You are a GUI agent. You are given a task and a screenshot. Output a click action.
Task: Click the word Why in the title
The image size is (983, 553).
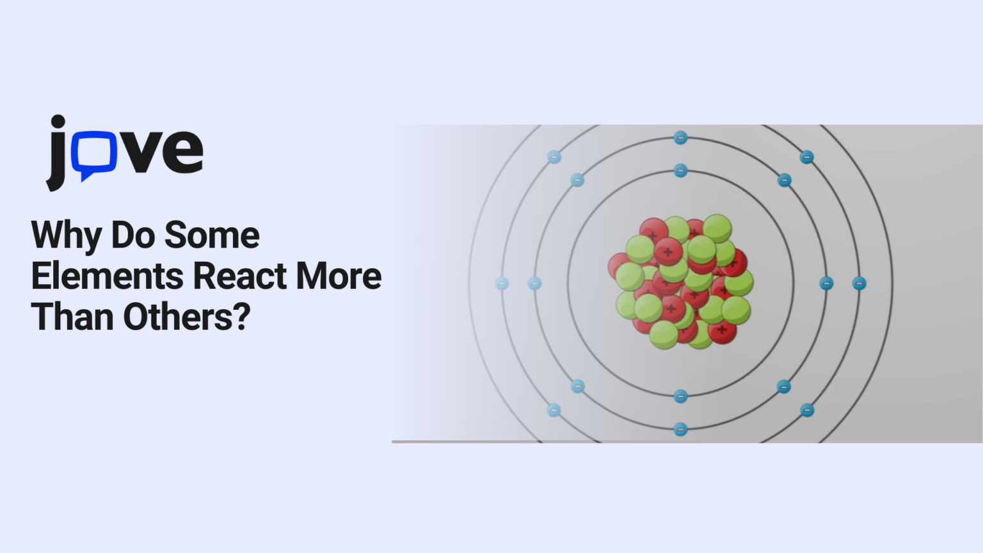[67, 236]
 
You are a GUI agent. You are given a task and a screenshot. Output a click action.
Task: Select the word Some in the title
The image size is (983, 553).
[212, 235]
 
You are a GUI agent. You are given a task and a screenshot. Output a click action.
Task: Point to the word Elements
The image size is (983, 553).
[108, 276]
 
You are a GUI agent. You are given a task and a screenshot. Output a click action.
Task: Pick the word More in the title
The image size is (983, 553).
[339, 276]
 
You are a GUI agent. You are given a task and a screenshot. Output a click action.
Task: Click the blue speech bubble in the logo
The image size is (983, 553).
[93, 154]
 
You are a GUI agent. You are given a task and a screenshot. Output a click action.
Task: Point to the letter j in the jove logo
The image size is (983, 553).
[57, 154]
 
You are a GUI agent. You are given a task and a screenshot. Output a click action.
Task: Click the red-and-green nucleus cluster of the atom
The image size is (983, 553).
[680, 282]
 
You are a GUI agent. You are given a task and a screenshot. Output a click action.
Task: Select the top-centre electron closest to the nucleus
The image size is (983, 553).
[680, 170]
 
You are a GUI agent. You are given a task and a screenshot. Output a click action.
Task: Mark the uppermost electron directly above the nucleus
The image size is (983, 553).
[680, 138]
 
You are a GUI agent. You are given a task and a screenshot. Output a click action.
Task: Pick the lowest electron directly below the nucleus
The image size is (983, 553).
[680, 429]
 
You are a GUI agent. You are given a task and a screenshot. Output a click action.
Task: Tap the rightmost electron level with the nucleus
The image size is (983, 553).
[859, 283]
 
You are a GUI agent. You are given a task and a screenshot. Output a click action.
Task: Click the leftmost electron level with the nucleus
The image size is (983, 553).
[502, 283]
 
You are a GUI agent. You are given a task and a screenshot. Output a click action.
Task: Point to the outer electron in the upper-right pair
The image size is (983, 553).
[806, 157]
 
